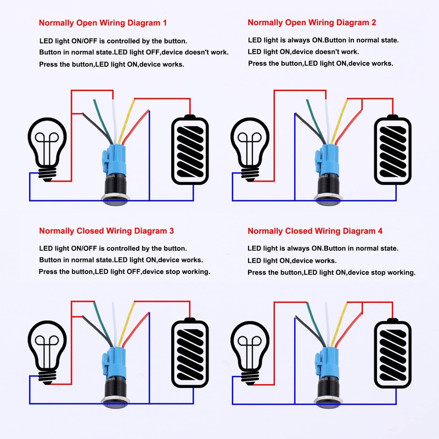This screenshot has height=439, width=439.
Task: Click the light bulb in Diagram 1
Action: (x=48, y=145)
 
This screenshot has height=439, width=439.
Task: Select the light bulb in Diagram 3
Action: (x=48, y=351)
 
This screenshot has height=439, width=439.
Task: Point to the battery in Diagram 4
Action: (x=392, y=354)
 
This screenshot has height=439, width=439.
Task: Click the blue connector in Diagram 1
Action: (x=113, y=159)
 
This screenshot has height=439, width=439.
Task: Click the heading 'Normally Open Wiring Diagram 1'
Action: (x=103, y=23)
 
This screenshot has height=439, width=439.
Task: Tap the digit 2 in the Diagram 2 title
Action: (x=374, y=23)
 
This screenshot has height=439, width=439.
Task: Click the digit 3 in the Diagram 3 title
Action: (x=172, y=231)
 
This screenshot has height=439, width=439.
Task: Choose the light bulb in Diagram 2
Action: (x=250, y=145)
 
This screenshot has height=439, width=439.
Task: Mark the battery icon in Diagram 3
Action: (x=190, y=354)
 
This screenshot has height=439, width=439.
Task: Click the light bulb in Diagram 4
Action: (x=250, y=351)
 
